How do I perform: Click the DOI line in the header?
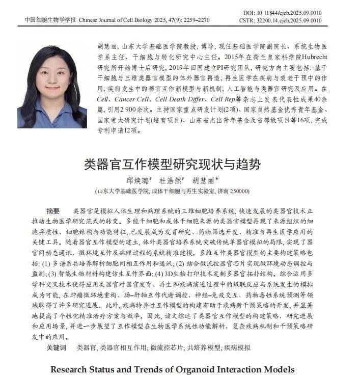[288, 12]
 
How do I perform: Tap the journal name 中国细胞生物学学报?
[50, 21]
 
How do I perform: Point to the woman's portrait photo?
[53, 85]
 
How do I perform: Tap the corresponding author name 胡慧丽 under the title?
[204, 180]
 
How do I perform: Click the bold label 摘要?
[53, 211]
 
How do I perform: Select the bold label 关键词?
[56, 348]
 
